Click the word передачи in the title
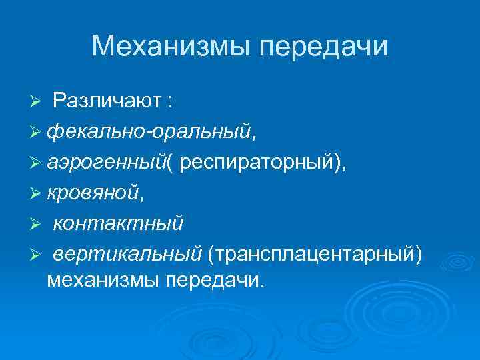[323, 46]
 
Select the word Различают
[107, 101]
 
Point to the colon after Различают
[171, 102]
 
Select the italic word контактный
[117, 223]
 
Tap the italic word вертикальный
[127, 253]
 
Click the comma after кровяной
[142, 198]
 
